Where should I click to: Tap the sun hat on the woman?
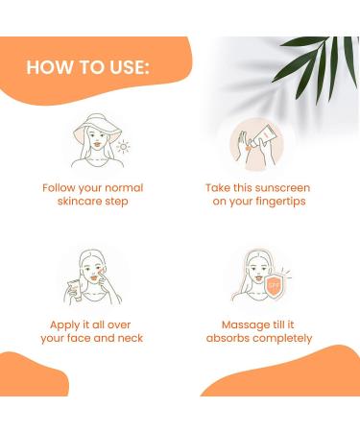[92, 131]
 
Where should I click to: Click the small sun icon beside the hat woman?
[122, 147]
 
